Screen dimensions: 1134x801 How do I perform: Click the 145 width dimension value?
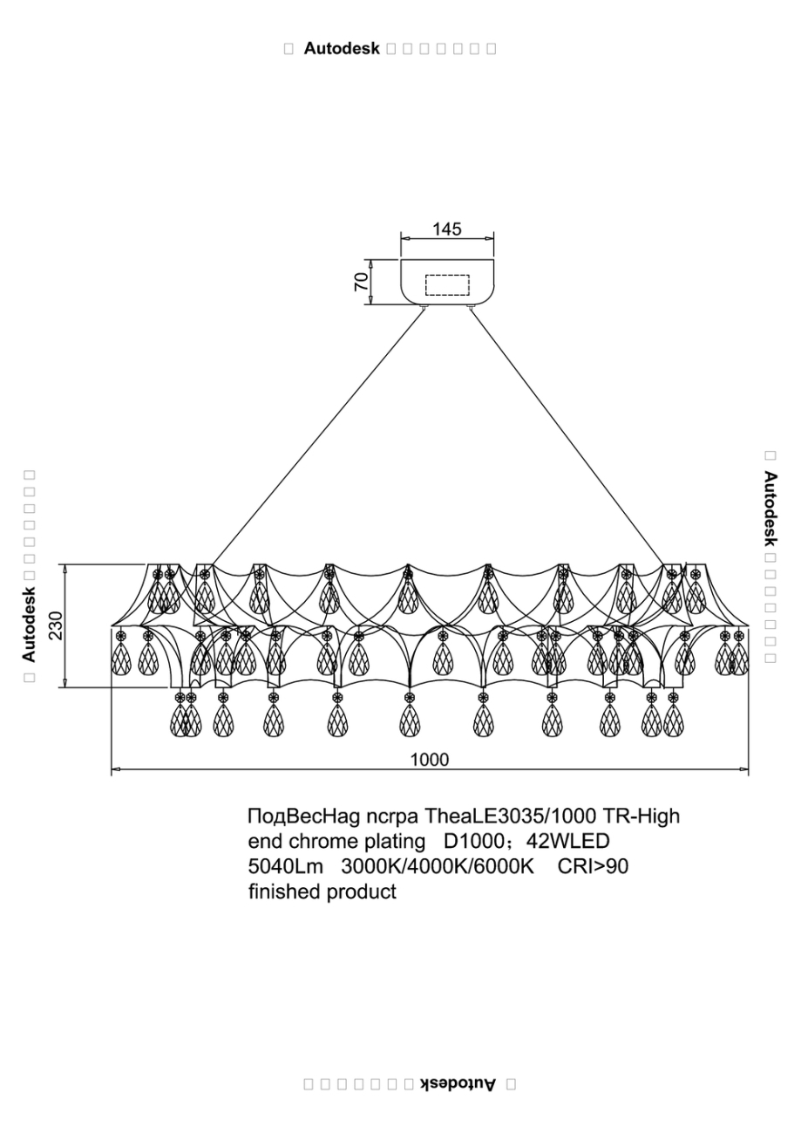447,229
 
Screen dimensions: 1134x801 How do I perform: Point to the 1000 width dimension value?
430,760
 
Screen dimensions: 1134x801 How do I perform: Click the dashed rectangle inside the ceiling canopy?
447,285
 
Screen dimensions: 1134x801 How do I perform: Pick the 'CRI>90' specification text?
593,867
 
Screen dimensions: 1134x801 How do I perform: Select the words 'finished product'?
322,892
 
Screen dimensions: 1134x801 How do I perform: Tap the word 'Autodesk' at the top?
342,49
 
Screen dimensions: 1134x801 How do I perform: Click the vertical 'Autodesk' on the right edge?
770,509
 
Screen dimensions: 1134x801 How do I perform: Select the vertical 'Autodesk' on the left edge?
29,622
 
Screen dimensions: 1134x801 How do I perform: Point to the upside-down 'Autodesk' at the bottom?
458,1084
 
